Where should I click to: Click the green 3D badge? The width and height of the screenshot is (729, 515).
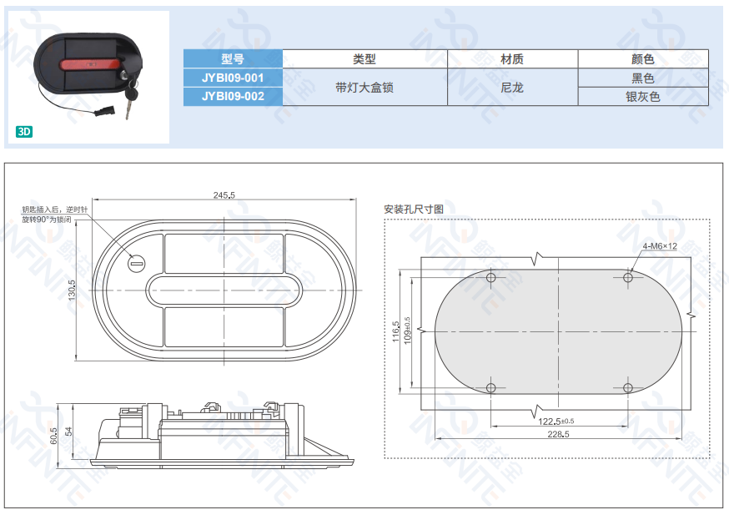pyautogui.click(x=24, y=132)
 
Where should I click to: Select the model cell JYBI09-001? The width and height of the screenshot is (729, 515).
pyautogui.click(x=233, y=78)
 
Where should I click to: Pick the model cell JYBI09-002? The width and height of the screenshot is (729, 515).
pyautogui.click(x=233, y=96)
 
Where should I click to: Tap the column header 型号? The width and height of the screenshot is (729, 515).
pyautogui.click(x=233, y=58)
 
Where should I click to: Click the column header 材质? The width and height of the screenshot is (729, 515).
pyautogui.click(x=512, y=59)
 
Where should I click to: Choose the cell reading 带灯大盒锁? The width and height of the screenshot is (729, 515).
pyautogui.click(x=364, y=88)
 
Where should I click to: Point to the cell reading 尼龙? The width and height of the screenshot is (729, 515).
pyautogui.click(x=512, y=88)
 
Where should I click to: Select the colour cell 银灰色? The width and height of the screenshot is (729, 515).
pyautogui.click(x=643, y=97)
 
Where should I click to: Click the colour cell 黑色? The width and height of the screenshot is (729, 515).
pyautogui.click(x=643, y=78)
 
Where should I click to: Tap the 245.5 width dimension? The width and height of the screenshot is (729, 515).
pyautogui.click(x=224, y=195)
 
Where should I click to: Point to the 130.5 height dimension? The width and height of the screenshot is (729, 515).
pyautogui.click(x=72, y=290)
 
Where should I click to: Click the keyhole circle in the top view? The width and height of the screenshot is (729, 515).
pyautogui.click(x=137, y=264)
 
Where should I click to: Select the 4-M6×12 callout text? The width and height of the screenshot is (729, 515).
pyautogui.click(x=660, y=246)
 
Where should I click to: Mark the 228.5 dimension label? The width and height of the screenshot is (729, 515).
pyautogui.click(x=558, y=434)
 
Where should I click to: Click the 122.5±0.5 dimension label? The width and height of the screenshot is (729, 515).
pyautogui.click(x=556, y=421)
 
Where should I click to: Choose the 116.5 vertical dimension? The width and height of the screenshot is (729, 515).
pyautogui.click(x=395, y=331)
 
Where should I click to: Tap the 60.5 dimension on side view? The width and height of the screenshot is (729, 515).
pyautogui.click(x=54, y=436)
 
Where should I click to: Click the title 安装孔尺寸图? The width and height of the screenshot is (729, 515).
pyautogui.click(x=414, y=210)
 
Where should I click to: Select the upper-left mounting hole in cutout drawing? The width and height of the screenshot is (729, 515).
pyautogui.click(x=491, y=278)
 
